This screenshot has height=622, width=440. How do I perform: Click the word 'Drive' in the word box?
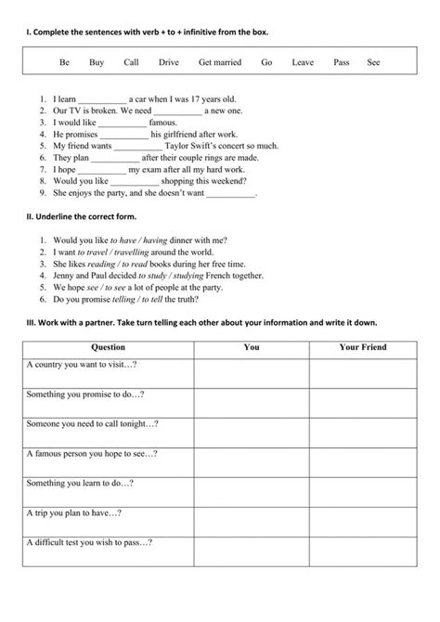[x=169, y=63]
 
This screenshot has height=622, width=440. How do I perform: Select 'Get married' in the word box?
[x=220, y=63]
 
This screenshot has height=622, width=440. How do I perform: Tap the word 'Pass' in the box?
[x=341, y=63]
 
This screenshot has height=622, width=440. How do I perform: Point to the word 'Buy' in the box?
[x=97, y=63]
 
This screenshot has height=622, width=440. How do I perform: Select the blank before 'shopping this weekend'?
[x=122, y=183]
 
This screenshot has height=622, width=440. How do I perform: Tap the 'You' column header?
[x=251, y=347]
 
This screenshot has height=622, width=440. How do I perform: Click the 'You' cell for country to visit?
[x=251, y=372]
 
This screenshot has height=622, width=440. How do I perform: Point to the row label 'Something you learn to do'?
[x=81, y=483]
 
